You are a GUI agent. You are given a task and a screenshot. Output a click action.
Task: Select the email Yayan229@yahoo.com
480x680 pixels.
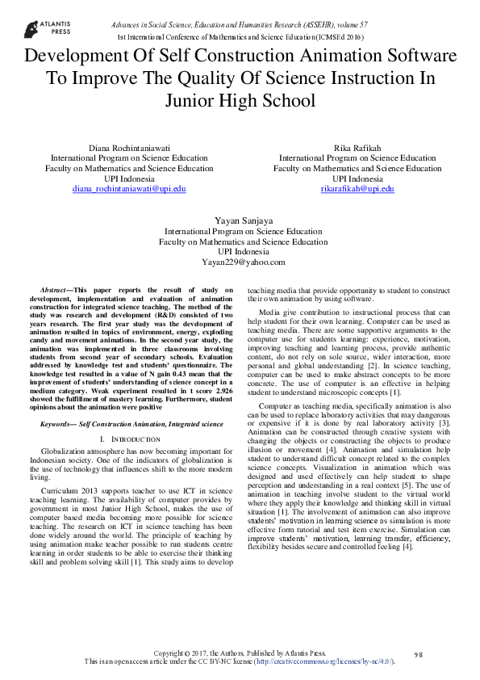tap(243, 262)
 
